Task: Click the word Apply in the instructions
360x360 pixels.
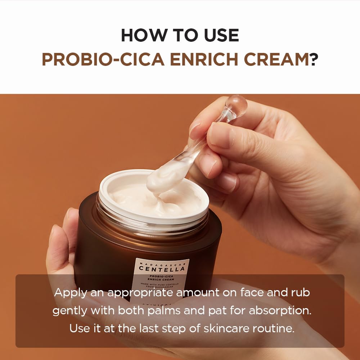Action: point(70,292)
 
